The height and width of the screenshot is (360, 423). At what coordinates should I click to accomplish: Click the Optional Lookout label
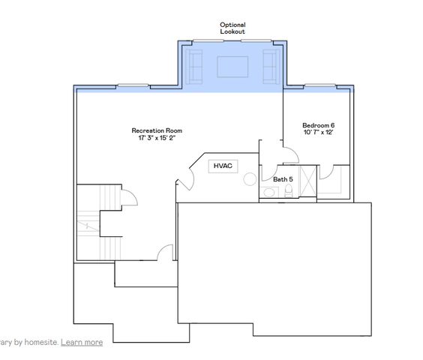click(x=232, y=28)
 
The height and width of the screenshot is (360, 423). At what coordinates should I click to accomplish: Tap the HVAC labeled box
click(x=223, y=166)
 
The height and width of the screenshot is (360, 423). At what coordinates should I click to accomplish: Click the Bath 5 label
click(x=283, y=179)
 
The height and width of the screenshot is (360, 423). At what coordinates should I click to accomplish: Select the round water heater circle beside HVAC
click(x=249, y=178)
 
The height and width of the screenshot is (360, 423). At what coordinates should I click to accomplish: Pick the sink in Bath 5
click(x=269, y=193)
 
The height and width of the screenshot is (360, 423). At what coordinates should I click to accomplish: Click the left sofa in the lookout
click(x=195, y=66)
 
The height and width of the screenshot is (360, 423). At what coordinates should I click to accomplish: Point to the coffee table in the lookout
click(x=232, y=67)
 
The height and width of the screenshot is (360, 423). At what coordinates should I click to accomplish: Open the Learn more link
click(x=82, y=342)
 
